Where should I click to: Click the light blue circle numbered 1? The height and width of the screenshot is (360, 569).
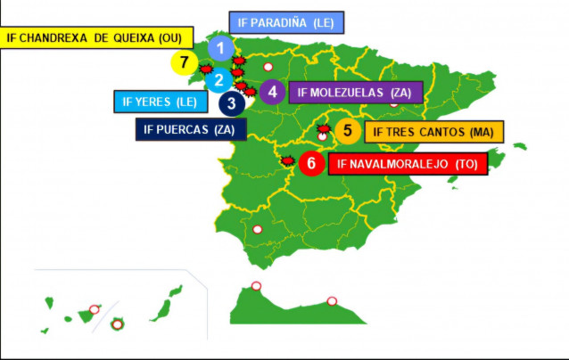[220, 48]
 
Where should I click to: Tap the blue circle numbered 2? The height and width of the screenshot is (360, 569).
[218, 79]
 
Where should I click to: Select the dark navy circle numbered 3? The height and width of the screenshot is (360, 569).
[232, 102]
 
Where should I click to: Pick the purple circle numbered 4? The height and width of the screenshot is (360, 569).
[272, 91]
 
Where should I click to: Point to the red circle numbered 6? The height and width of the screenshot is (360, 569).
[310, 163]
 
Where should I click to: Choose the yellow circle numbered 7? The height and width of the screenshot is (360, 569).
[184, 62]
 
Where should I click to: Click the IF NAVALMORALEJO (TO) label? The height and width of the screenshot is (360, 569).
[407, 164]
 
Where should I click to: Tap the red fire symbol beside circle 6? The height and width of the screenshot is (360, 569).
[287, 161]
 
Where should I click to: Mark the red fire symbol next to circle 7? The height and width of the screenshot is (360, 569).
[205, 68]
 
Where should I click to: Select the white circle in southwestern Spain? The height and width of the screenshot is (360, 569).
[257, 230]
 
